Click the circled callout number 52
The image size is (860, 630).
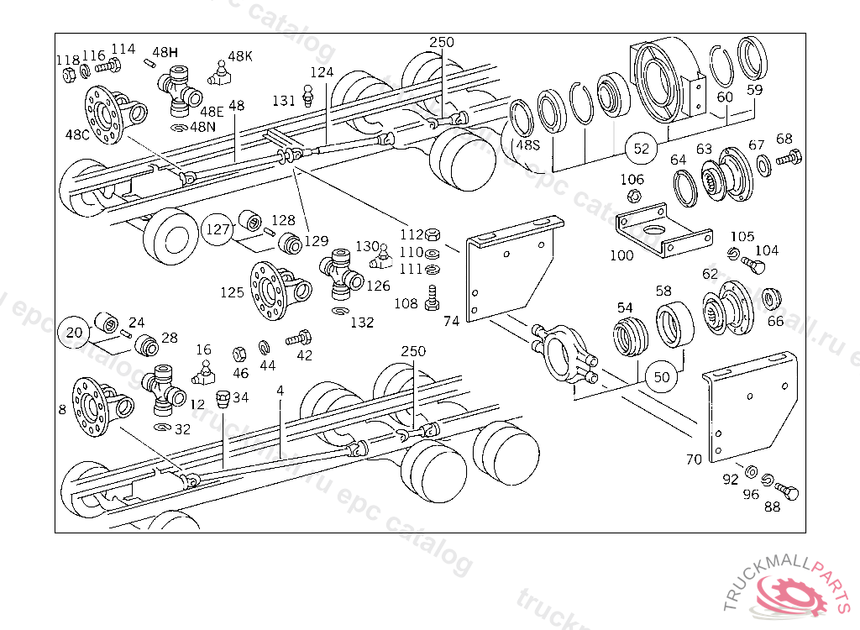pyautogui.click(x=642, y=149)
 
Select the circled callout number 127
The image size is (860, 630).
pyautogui.click(x=218, y=229)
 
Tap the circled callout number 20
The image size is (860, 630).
pyautogui.click(x=75, y=333)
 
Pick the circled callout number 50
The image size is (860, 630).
pyautogui.click(x=662, y=377)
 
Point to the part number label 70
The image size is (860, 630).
pyautogui.click(x=694, y=459)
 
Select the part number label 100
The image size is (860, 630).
pyautogui.click(x=621, y=255)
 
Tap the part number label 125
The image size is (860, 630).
pyautogui.click(x=233, y=292)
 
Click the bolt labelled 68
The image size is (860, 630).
pyautogui.click(x=790, y=157)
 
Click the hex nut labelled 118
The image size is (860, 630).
pyautogui.click(x=71, y=74)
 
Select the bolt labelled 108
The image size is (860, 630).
pyautogui.click(x=433, y=297)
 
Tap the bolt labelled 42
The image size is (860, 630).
pyautogui.click(x=298, y=340)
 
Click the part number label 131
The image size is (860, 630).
pyautogui.click(x=283, y=101)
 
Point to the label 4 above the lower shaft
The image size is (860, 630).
pyautogui.click(x=280, y=391)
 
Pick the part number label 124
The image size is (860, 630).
pyautogui.click(x=322, y=72)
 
